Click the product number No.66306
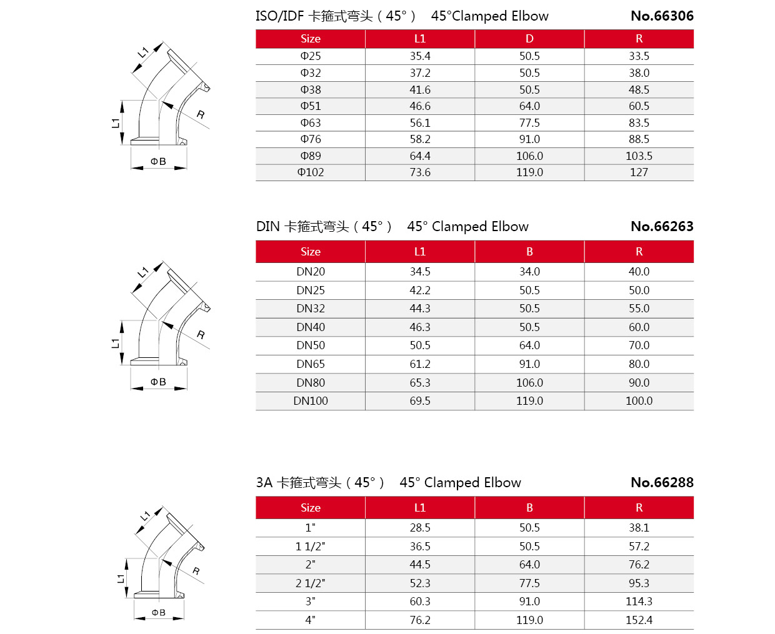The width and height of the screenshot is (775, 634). [x=662, y=16]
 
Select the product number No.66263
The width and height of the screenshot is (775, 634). [x=662, y=227]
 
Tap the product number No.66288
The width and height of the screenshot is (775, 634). [x=662, y=483]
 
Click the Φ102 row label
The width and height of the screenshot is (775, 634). [x=311, y=172]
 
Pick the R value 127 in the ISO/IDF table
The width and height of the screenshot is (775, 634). [x=639, y=172]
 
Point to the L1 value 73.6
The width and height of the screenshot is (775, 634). [x=420, y=172]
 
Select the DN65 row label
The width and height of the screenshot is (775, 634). [x=311, y=364]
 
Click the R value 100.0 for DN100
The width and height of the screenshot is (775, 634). [x=639, y=401]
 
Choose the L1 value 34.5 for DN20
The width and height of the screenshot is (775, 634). [x=420, y=272]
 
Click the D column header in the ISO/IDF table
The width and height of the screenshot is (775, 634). [x=529, y=39]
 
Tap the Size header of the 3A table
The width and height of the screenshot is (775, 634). [x=311, y=508]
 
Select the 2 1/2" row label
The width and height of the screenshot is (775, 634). [x=311, y=583]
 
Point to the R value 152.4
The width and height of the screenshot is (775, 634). [x=639, y=620]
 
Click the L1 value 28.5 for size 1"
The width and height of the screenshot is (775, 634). [x=420, y=528]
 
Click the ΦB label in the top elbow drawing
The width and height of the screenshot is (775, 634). [x=158, y=162]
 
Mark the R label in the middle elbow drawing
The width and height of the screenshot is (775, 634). [x=201, y=335]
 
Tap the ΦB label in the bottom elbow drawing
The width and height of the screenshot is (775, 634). [x=159, y=613]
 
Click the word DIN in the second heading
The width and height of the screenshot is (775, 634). [x=268, y=227]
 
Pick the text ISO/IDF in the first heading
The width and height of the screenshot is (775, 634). [x=279, y=16]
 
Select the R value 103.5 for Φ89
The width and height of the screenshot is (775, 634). [x=639, y=156]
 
